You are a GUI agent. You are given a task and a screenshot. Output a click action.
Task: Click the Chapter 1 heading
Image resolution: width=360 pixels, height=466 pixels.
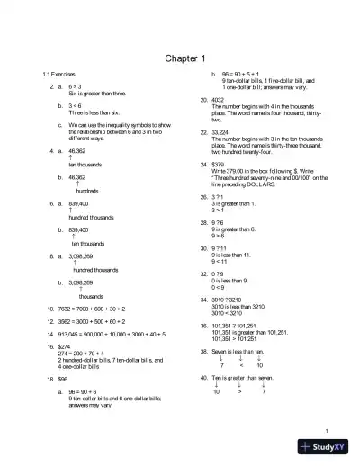180,58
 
